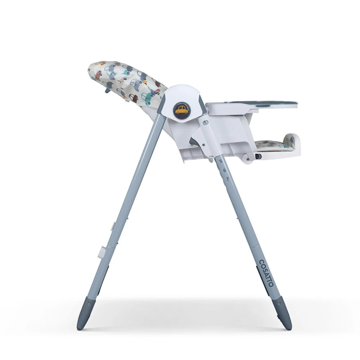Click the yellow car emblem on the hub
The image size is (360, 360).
[181, 110]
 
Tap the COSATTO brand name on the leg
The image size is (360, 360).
[266, 273]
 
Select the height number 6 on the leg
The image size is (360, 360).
[224, 170]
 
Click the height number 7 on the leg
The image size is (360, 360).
[228, 179]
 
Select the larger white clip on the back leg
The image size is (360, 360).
[102, 252]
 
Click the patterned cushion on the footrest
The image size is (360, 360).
[272, 145]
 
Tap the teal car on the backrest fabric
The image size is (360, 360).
[147, 96]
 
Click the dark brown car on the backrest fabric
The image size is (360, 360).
[133, 98]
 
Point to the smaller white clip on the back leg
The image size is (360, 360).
[112, 227]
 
